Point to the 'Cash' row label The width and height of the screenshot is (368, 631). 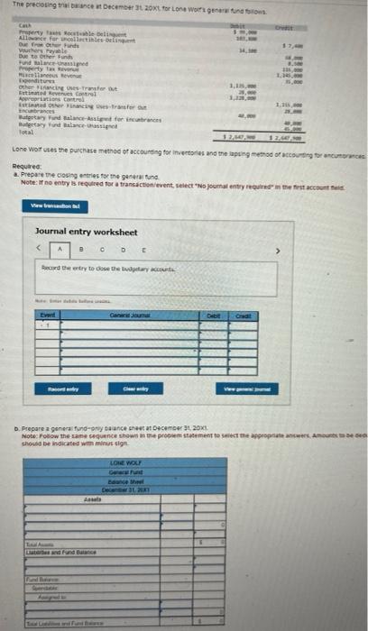pyautogui.click(x=24, y=28)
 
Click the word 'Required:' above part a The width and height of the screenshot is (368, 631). pyautogui.click(x=30, y=167)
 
